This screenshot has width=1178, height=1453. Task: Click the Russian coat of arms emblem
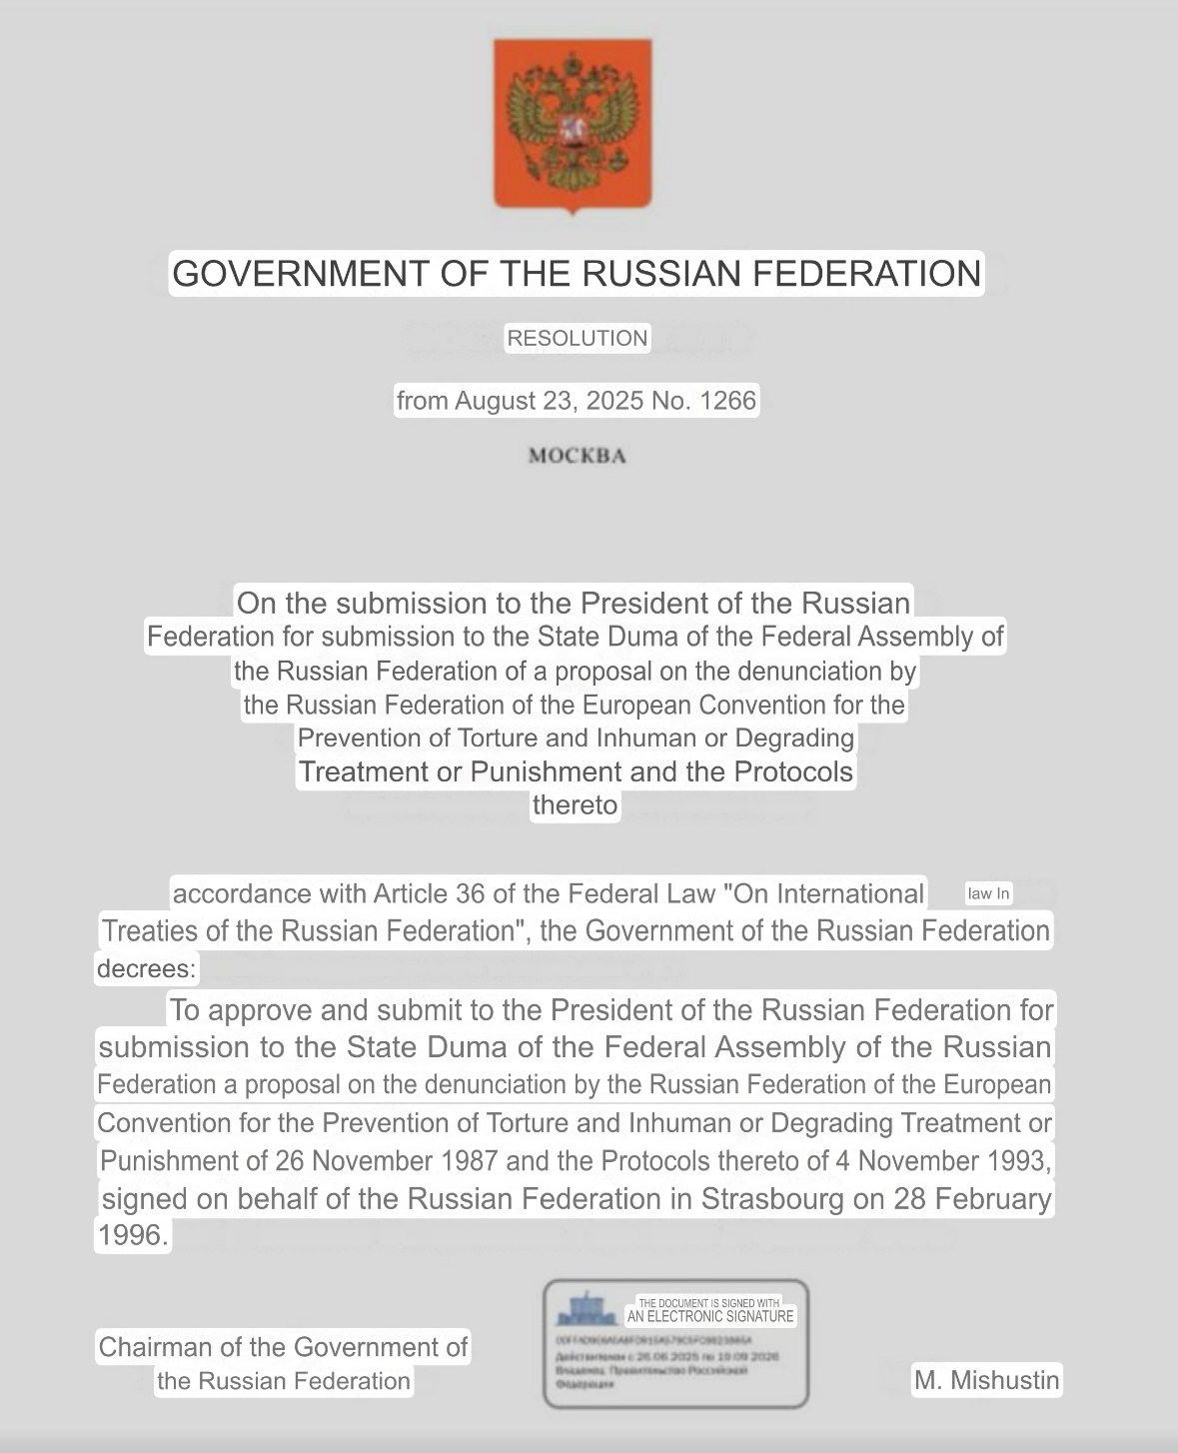[573, 124]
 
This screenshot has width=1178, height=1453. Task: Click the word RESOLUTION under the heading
[578, 339]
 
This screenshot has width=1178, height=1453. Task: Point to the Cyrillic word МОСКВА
[578, 457]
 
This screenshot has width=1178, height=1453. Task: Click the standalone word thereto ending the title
[575, 805]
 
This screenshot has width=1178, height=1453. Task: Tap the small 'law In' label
[988, 893]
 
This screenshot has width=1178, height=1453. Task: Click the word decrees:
[147, 968]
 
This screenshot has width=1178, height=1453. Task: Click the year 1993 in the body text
[1019, 1161]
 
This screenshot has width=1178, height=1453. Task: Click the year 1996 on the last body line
[130, 1235]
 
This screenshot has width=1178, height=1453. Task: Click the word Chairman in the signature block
[155, 1347]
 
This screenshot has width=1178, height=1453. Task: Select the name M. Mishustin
[986, 1381]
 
